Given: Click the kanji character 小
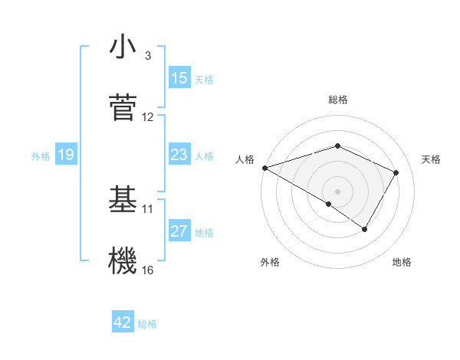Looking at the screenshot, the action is click(x=123, y=47).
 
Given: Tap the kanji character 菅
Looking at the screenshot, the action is click(x=123, y=106).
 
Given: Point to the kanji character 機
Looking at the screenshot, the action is click(x=123, y=260).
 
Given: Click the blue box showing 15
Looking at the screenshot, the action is click(x=179, y=78).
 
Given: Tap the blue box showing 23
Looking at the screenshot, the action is click(x=179, y=155).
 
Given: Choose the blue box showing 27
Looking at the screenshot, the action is click(x=179, y=232).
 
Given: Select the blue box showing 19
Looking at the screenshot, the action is click(x=66, y=155).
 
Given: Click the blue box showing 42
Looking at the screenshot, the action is click(x=123, y=323).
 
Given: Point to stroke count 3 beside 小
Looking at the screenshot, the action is click(x=148, y=56).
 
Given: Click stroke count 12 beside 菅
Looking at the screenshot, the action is click(x=148, y=117).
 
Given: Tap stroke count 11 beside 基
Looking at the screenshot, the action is click(x=148, y=208).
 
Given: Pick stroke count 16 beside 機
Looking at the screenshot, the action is click(x=148, y=270).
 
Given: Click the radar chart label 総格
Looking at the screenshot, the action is click(x=337, y=100).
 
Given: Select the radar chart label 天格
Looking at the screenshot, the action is click(x=432, y=159).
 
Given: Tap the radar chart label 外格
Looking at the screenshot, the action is click(x=270, y=262).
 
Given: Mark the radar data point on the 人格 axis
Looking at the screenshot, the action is click(x=264, y=168).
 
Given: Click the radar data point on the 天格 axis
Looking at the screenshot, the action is click(x=396, y=172).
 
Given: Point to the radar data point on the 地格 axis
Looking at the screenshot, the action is click(x=365, y=229).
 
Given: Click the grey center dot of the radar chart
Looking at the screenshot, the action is click(x=337, y=191).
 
